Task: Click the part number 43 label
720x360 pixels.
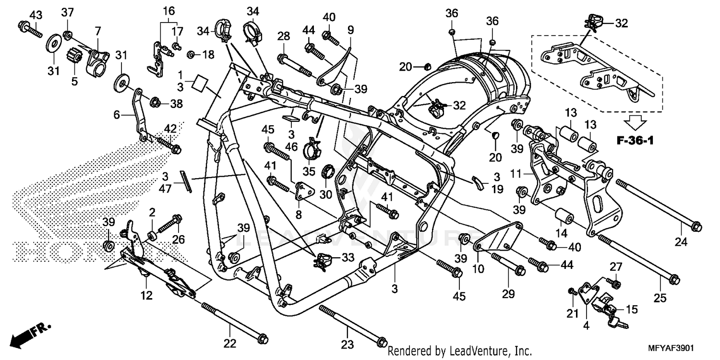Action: click(35, 15)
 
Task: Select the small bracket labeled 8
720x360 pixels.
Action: click(302, 192)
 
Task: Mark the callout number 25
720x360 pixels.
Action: click(660, 298)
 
